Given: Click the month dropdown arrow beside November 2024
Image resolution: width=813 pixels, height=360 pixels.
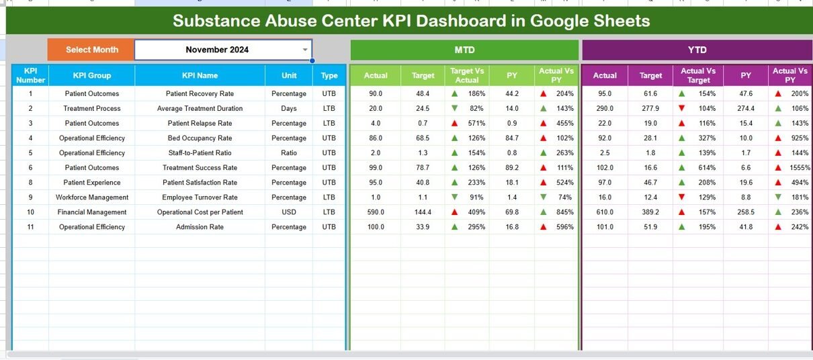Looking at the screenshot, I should coord(305,50).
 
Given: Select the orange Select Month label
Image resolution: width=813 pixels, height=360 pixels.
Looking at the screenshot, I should coord(91,50).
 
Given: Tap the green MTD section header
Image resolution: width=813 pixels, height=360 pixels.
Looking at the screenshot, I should coord(464,50).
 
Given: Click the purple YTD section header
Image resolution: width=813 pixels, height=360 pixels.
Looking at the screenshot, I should coord(697,50).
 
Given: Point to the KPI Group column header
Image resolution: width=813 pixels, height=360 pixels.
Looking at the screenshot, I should coord(92,75).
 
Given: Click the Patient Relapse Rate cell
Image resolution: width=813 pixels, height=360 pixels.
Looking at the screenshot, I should coord(200,124).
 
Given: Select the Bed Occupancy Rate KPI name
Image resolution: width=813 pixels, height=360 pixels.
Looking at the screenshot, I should coord(200,138).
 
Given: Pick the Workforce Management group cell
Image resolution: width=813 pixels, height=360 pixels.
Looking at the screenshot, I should coord(92,197).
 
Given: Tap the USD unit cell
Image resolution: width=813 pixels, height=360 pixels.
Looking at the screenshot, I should coord(289,212).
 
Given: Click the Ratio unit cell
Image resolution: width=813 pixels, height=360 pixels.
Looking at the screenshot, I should coord(289,153).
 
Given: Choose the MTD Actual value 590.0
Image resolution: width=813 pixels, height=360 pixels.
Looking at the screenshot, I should coord(376,212).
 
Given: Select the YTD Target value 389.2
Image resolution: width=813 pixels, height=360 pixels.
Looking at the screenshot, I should coord(650,212).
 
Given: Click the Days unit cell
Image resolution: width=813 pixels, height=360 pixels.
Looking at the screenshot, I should coord(289,109).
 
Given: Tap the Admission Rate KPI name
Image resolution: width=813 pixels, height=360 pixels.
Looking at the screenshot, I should coord(200,227).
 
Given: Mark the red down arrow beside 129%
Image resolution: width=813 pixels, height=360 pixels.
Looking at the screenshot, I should coord(682,197).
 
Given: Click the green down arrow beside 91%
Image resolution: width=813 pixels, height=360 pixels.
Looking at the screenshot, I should coord(455,197).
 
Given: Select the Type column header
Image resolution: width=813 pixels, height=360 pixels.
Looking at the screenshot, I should coord(329,75).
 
